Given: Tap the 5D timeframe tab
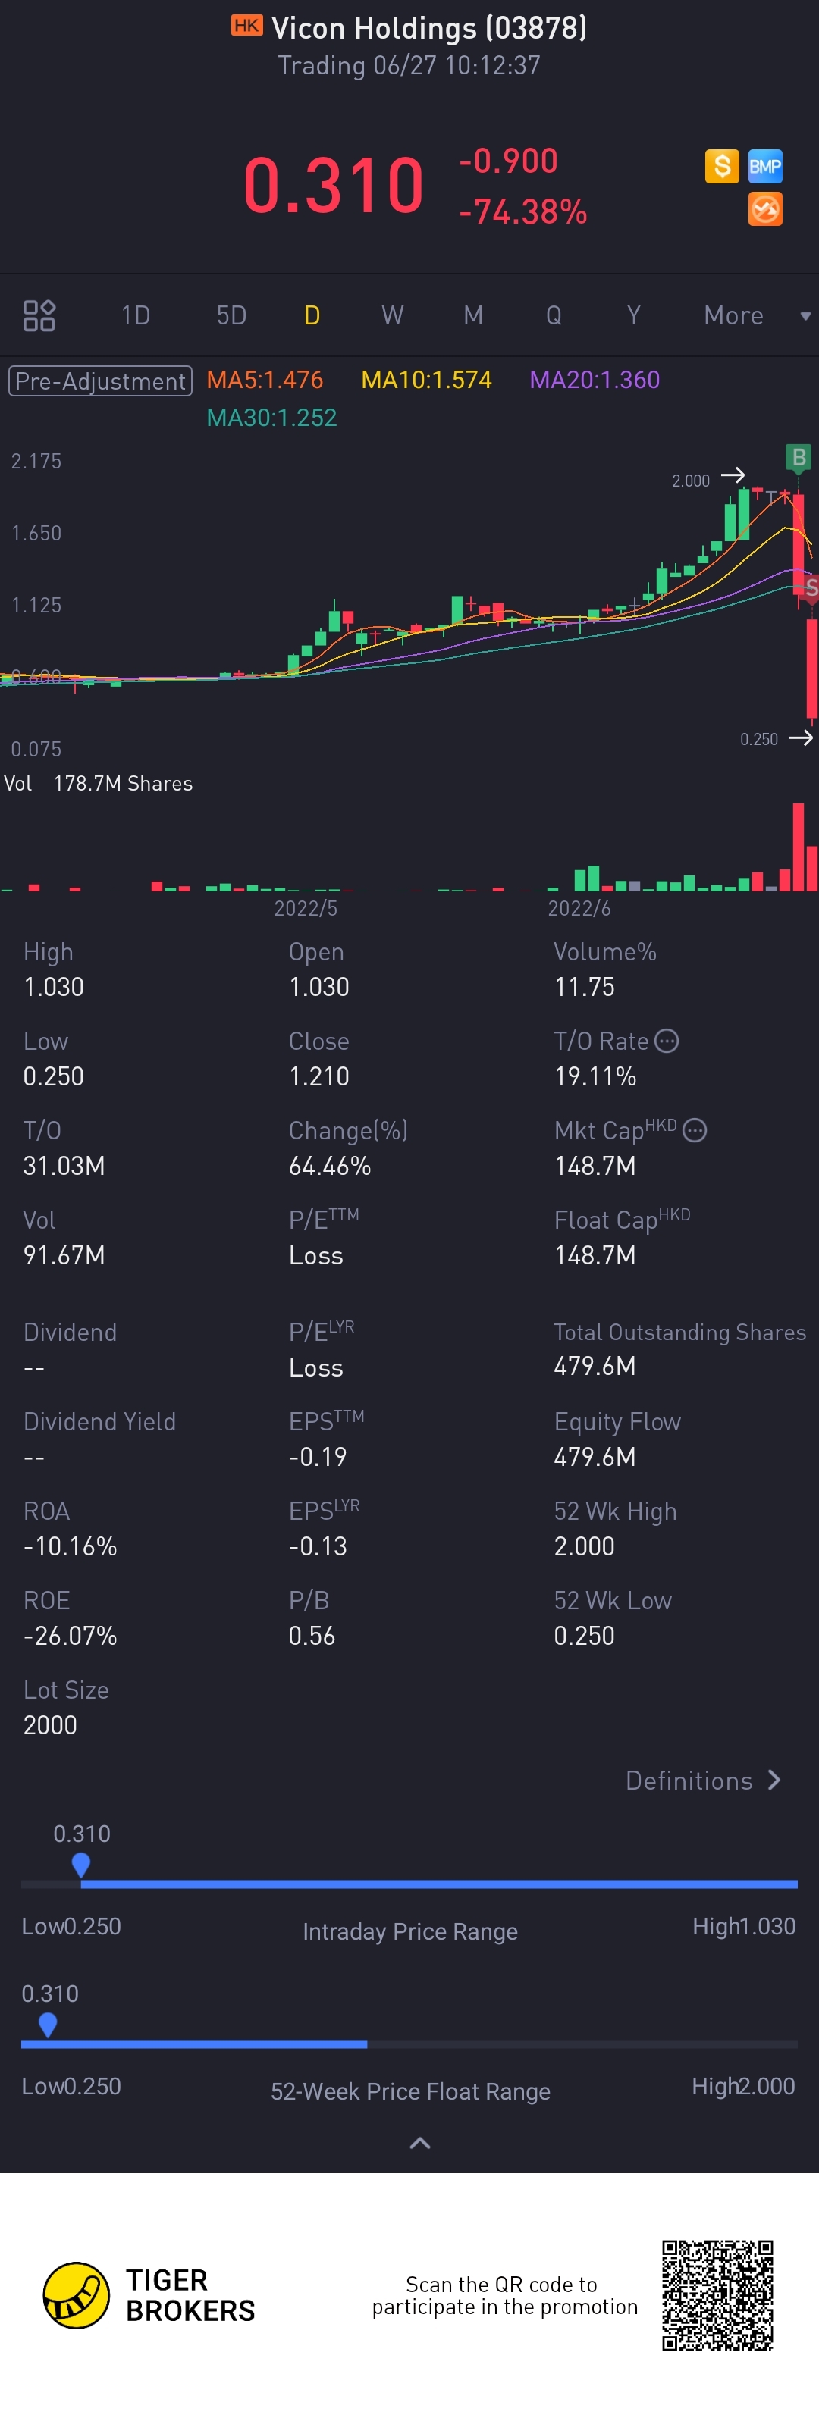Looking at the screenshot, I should point(231,315).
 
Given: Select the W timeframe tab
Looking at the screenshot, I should point(393,315).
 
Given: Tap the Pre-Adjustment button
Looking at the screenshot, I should point(101,381).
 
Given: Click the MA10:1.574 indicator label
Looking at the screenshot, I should point(426,381).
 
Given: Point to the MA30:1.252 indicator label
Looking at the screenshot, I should point(271,418).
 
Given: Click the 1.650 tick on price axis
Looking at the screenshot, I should point(36,533).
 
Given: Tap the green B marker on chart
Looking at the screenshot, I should point(799,457).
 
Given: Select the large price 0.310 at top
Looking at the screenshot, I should point(334,186).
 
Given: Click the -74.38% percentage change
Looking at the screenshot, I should point(523,212).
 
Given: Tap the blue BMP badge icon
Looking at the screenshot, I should point(764,167).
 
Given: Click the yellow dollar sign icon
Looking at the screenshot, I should point(721,167).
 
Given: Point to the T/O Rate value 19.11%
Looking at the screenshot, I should point(595,1076).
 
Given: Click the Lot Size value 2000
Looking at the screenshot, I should point(51,1725).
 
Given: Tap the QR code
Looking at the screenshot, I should point(717,2295).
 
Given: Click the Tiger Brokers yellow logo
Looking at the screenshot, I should point(76,2295).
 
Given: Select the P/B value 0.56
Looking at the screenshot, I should point(312,1636).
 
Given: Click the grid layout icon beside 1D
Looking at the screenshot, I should point(39,315).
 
